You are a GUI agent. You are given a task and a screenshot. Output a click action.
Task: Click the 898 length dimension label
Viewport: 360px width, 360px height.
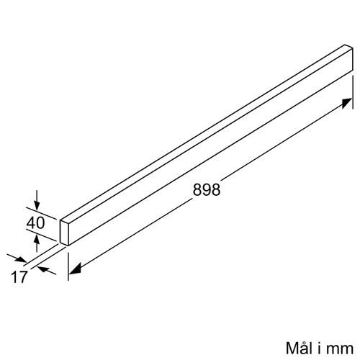click(207, 190)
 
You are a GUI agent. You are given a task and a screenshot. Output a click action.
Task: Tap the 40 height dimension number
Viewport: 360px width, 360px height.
click(35, 223)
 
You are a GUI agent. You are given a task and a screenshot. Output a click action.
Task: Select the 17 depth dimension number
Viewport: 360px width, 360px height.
click(19, 277)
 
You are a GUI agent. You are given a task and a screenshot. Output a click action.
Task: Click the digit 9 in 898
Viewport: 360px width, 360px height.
click(207, 190)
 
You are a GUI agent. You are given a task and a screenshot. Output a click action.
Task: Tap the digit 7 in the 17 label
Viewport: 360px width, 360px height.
click(23, 277)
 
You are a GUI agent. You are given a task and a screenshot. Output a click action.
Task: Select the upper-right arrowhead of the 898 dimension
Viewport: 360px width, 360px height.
click(347, 103)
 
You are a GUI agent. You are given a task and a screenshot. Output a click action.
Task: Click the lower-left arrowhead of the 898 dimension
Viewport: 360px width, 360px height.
click(74, 269)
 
